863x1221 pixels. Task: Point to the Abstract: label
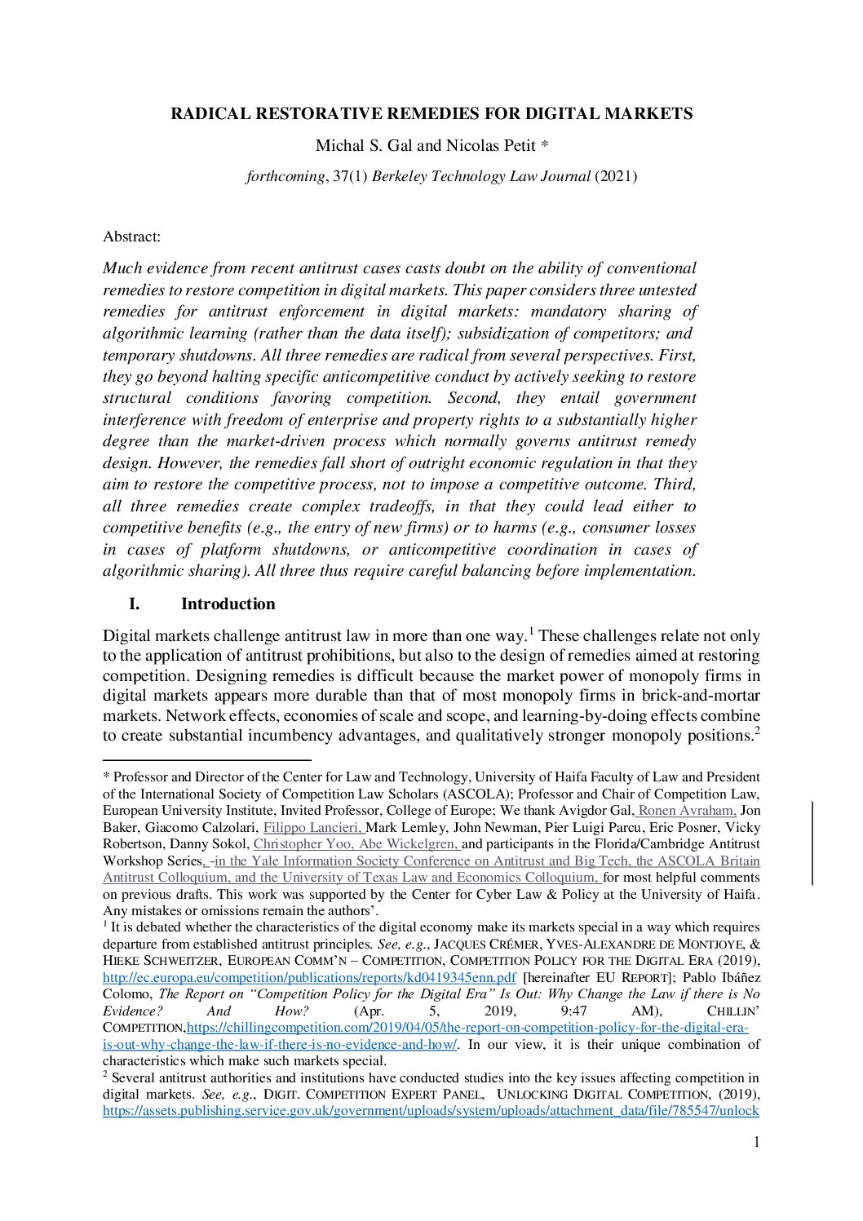(131, 237)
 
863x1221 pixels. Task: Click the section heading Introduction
(228, 604)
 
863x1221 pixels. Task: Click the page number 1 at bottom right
(756, 1142)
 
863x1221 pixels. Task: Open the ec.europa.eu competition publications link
(309, 978)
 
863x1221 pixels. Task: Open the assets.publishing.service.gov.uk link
(431, 1111)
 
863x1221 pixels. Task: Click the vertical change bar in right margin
(812, 843)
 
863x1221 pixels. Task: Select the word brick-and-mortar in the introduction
(701, 696)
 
